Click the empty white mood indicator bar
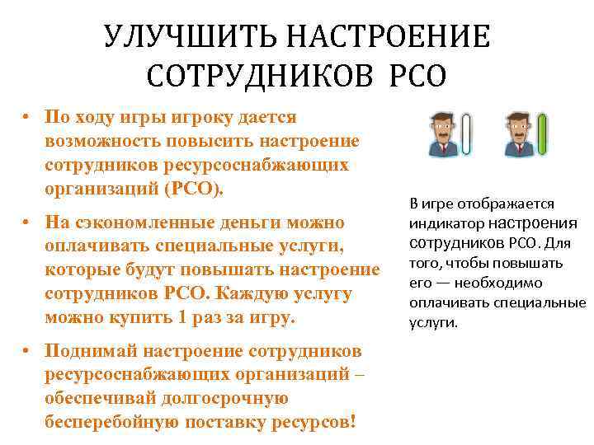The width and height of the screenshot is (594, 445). click(469, 133)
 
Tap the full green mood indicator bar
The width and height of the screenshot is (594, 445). click(542, 133)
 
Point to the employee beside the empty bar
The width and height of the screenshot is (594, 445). click(445, 133)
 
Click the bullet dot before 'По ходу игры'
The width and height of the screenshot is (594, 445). click(27, 117)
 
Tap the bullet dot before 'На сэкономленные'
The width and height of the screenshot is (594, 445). click(27, 223)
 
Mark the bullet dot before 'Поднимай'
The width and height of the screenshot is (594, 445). click(27, 350)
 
